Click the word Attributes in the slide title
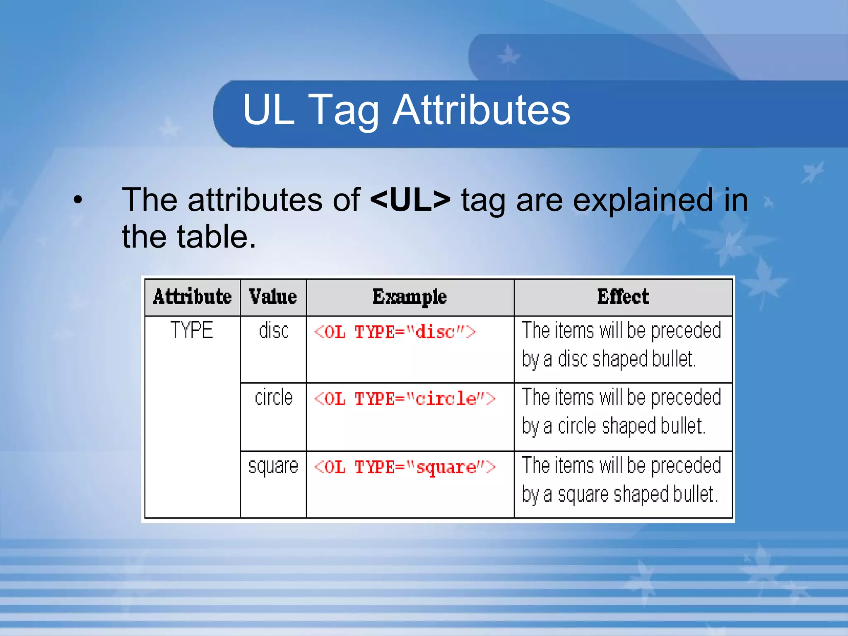point(481,110)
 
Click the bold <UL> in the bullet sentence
point(410,200)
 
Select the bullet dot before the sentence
point(77,201)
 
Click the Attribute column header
point(192,297)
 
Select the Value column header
point(273,297)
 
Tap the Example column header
point(410,297)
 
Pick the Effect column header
point(623,297)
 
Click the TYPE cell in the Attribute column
point(192,330)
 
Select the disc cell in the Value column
point(273,331)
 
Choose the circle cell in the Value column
point(273,397)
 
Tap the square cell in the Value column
point(273,466)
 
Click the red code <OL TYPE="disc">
point(395,332)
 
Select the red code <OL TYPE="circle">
point(405,399)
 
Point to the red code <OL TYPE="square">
point(405,467)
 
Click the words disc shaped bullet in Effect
point(626,359)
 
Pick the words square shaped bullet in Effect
point(638,494)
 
